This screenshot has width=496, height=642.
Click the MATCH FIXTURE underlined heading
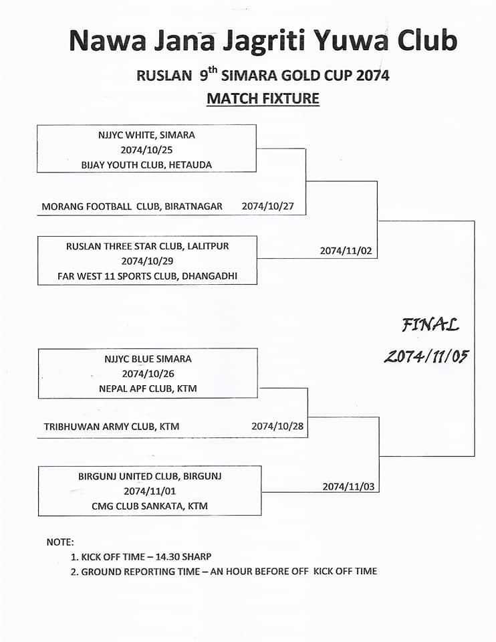point(263,99)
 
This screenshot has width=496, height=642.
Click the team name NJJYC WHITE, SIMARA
point(146,135)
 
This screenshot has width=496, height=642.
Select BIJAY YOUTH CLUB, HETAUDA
point(146,165)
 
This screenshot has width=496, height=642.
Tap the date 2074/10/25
point(146,150)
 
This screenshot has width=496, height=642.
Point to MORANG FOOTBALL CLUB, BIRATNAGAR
point(132,207)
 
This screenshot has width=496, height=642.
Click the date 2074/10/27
point(267,206)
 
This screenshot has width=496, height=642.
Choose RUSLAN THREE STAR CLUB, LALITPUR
point(147,247)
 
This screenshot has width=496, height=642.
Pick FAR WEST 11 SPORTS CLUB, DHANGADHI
point(147,276)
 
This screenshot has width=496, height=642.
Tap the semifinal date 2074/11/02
point(346,251)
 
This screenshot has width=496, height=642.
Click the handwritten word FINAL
point(430,325)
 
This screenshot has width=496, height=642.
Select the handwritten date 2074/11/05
point(426,356)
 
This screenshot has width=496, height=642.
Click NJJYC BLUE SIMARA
point(148,359)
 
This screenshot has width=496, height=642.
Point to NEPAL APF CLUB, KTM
point(148,389)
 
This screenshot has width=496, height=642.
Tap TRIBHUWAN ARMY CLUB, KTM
point(112,427)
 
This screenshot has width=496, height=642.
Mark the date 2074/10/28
point(277,426)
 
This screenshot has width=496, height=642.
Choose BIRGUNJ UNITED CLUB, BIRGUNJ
point(150,477)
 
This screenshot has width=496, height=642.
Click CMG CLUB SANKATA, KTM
point(150,506)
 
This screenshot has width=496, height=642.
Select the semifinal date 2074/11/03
point(348,487)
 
